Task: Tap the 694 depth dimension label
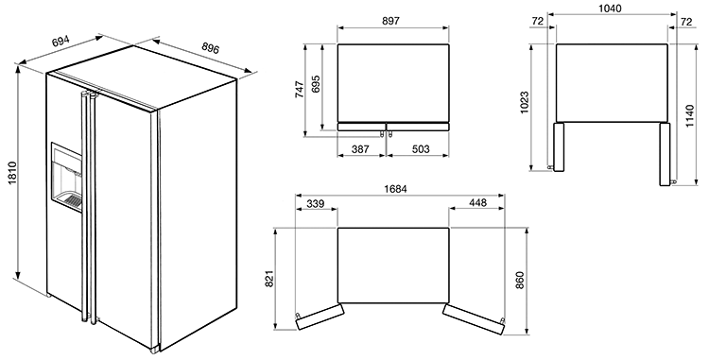pyautogui.click(x=61, y=42)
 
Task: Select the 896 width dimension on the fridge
pyautogui.click(x=211, y=46)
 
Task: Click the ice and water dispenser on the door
pyautogui.click(x=66, y=178)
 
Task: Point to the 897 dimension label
pyautogui.click(x=391, y=21)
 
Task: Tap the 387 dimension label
pyautogui.click(x=360, y=148)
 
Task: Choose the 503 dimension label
pyautogui.click(x=421, y=148)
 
